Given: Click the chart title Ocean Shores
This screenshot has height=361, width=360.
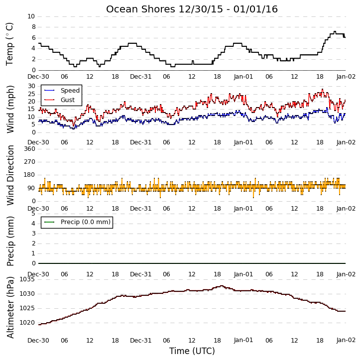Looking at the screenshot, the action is (x=140, y=9).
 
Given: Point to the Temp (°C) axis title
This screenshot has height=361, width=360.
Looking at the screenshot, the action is (x=9, y=44).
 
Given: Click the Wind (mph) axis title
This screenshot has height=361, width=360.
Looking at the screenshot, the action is (x=10, y=109).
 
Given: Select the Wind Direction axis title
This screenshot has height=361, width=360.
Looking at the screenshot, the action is (x=10, y=175).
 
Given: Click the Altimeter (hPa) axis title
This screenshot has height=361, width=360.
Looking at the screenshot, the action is (x=10, y=307).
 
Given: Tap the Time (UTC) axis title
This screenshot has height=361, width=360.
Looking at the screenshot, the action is (x=192, y=351).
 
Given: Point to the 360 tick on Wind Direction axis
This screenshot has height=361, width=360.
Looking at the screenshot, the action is (x=29, y=149).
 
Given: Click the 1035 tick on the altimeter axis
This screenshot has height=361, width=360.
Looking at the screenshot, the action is (x=27, y=279).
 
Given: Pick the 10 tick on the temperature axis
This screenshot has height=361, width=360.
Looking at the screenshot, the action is (x=31, y=16).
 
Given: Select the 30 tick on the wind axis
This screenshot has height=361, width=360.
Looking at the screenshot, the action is (x=31, y=86).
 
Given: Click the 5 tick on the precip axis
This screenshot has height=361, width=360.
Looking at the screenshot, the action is (x=33, y=214).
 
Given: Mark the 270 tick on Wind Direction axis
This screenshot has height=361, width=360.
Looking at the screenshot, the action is (x=29, y=162).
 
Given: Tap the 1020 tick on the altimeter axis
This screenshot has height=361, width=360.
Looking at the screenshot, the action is (x=27, y=323).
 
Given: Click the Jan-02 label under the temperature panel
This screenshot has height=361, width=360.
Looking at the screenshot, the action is (x=346, y=77).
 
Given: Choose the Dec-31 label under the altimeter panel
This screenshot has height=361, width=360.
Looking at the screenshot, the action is (x=140, y=340).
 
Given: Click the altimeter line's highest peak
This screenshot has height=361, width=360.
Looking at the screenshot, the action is (x=222, y=286).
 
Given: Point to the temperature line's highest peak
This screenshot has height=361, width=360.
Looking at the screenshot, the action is (x=335, y=31).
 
